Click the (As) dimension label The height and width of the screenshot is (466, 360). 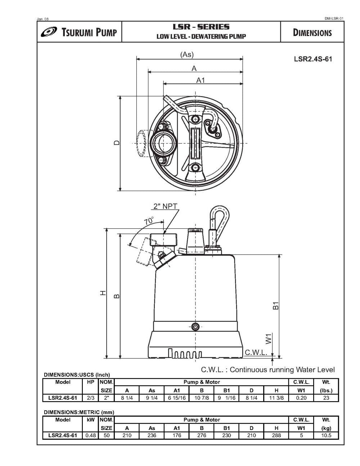click(x=186, y=55)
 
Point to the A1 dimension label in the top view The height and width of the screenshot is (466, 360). click(x=200, y=80)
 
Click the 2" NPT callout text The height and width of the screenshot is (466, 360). click(x=165, y=206)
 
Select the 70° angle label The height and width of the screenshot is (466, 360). click(x=149, y=221)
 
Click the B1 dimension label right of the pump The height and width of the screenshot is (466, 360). click(x=275, y=305)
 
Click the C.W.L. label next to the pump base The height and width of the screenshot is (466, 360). click(x=256, y=352)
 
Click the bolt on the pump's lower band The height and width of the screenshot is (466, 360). click(x=195, y=327)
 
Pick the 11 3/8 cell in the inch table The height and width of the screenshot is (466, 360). click(x=276, y=398)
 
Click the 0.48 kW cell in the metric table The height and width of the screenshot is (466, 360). click(x=90, y=435)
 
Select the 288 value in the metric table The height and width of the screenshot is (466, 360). click(x=276, y=435)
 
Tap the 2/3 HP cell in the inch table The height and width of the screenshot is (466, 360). click(x=90, y=398)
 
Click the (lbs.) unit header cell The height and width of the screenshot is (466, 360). click(x=326, y=390)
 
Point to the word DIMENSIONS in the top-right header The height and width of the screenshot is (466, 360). click(x=312, y=33)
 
